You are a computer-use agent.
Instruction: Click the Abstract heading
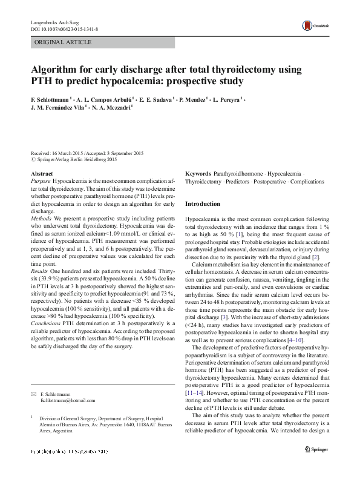tap(42, 174)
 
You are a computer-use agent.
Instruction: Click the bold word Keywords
tap(198, 174)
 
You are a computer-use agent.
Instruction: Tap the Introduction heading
tap(203, 203)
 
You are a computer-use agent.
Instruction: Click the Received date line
tap(87, 153)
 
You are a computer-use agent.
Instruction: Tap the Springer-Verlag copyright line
tap(76, 159)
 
